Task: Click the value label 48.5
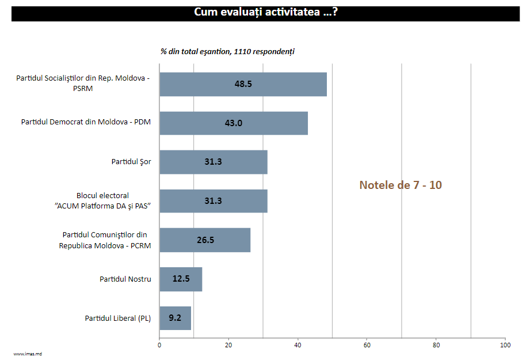[243, 84]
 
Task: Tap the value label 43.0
[234, 123]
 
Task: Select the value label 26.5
[205, 240]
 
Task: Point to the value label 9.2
[176, 318]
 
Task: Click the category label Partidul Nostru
[125, 279]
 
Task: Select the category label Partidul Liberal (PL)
[117, 318]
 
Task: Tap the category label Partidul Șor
[131, 162]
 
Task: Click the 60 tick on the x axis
[367, 346]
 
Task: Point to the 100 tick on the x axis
[505, 346]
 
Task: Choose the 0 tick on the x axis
[159, 346]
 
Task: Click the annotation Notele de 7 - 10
[401, 185]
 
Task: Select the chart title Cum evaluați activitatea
[265, 12]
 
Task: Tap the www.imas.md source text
[28, 354]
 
